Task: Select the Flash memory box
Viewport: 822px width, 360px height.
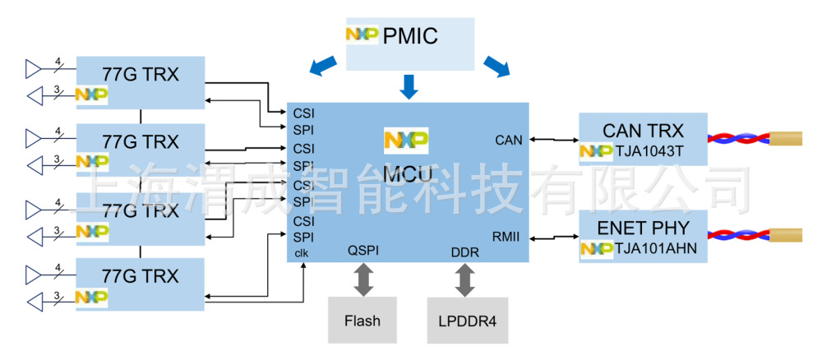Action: click(x=363, y=320)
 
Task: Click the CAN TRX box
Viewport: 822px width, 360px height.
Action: click(x=643, y=139)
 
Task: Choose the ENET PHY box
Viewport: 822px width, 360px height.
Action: click(x=643, y=236)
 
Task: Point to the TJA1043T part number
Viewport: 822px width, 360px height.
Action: click(x=649, y=151)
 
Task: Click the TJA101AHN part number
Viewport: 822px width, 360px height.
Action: click(x=653, y=247)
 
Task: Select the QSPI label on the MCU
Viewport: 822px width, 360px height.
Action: click(x=363, y=252)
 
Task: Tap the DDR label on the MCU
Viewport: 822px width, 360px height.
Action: click(x=464, y=252)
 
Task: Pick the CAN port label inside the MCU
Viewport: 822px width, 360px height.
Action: click(x=509, y=141)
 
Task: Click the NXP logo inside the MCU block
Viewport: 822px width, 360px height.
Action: click(x=406, y=141)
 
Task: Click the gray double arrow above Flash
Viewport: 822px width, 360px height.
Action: click(x=363, y=279)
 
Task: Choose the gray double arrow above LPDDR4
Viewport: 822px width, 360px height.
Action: click(x=465, y=279)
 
